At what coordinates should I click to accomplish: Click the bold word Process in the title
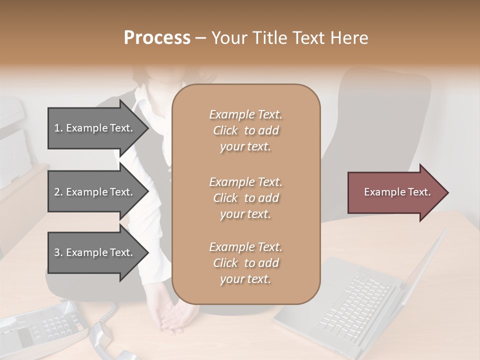coord(157,38)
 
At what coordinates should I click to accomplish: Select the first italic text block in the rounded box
coord(245,130)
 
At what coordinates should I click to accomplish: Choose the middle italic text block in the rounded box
coord(245,197)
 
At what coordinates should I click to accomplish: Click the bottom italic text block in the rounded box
coord(245,263)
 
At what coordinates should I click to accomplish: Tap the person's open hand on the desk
coord(172,317)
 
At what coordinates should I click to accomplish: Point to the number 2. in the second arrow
coord(58,192)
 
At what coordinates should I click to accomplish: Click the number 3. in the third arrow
coord(58,252)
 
